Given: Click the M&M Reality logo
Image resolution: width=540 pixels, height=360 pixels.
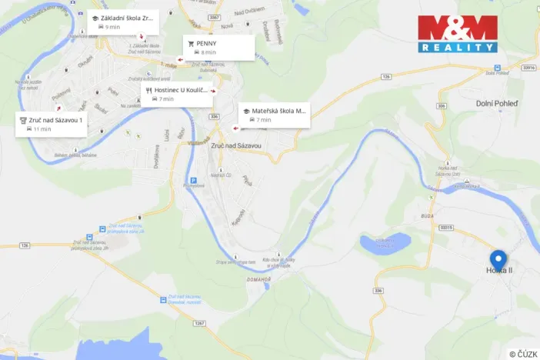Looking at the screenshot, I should pyautogui.click(x=458, y=34).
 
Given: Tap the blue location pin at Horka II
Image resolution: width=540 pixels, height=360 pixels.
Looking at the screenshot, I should pyautogui.click(x=498, y=260).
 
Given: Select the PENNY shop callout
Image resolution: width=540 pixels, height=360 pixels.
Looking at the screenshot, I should pyautogui.click(x=218, y=47).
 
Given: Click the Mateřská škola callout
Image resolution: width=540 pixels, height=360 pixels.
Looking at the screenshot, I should pyautogui.click(x=273, y=115).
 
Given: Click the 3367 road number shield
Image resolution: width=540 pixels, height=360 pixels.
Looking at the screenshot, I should pyautogui.click(x=215, y=17).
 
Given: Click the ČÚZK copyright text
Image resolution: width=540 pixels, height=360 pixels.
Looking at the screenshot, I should pyautogui.click(x=522, y=353).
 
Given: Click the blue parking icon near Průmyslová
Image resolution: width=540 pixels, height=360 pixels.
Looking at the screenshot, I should pyautogui.click(x=193, y=182).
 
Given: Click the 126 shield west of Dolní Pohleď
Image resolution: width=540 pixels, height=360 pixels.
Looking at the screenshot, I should pyautogui.click(x=387, y=77).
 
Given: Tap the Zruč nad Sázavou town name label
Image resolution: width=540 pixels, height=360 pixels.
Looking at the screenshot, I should pyautogui.click(x=235, y=145).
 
